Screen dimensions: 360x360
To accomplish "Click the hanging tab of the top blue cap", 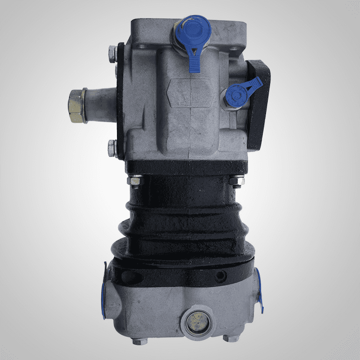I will point(194,62).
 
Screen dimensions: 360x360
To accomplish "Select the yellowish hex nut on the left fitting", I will point(77,106).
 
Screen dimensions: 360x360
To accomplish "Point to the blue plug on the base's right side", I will point(257,288).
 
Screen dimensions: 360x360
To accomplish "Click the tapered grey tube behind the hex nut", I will point(100,105).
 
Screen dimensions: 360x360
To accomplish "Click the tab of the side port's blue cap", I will point(256,83).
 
